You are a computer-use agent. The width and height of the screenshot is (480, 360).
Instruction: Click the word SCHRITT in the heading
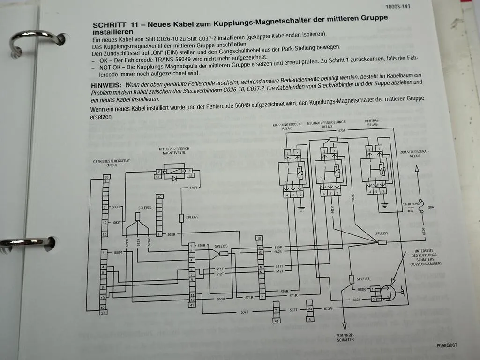point(109,25)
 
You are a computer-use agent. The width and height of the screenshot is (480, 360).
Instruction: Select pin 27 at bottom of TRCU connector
point(103,313)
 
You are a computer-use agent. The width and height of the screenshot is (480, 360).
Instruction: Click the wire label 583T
point(117,223)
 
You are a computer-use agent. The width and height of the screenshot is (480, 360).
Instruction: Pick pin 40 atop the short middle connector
point(160,197)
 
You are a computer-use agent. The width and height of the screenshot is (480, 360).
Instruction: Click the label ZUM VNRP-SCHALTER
point(346,337)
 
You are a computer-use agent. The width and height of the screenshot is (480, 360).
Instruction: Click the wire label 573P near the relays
point(342,131)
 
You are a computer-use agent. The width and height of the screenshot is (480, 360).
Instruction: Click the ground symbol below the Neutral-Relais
point(385,205)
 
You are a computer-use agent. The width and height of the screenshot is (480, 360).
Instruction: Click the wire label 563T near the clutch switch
point(357,299)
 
